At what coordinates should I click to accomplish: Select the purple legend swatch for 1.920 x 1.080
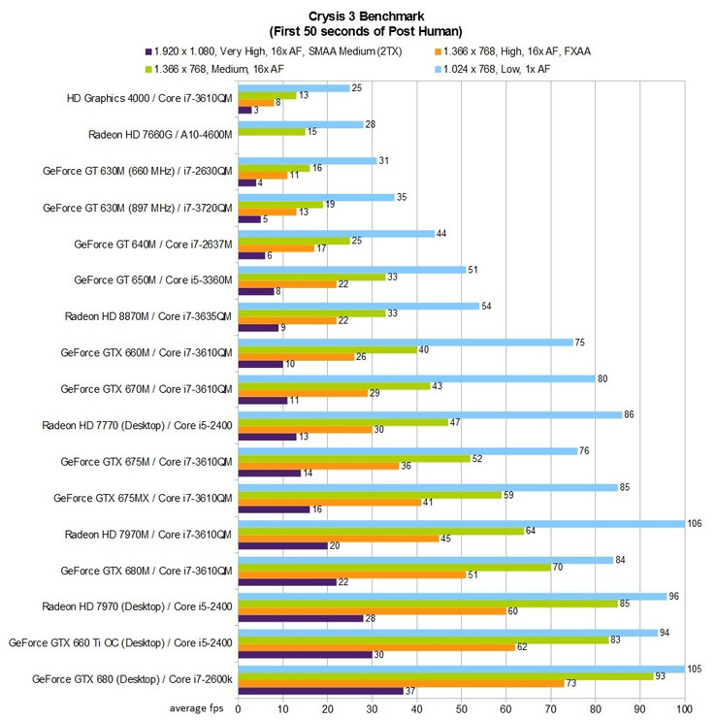coord(148,49)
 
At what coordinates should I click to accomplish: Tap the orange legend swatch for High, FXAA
coord(439,49)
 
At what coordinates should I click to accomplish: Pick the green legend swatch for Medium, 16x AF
coord(148,68)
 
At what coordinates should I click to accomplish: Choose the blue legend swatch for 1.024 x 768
coord(439,68)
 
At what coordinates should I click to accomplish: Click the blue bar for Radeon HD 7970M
coord(461,524)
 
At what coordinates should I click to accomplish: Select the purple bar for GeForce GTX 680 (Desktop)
coord(320,691)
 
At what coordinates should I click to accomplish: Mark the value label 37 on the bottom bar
coord(411,691)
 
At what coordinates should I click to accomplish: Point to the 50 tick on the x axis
coord(462,708)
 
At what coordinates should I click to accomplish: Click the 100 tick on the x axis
coord(686,708)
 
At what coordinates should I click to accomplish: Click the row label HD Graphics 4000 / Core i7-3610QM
coord(148,98)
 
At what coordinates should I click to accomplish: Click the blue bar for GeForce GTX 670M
coord(416,378)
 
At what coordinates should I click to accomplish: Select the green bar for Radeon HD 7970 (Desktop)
coord(428,603)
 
